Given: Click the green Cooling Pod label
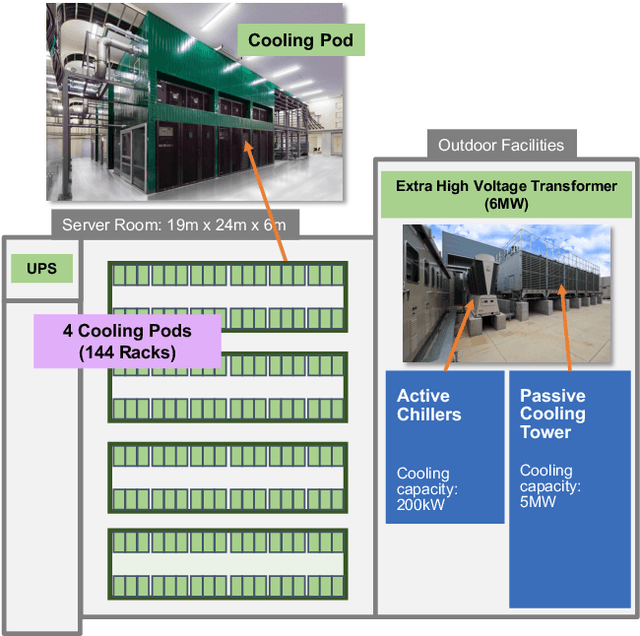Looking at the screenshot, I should (x=300, y=41).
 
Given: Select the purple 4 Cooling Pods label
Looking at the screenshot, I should (x=127, y=341).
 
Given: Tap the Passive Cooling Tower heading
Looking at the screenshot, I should (x=552, y=414).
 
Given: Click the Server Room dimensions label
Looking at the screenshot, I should (x=173, y=224).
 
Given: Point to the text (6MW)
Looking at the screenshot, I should (x=506, y=204).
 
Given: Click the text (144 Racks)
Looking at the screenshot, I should (x=127, y=351).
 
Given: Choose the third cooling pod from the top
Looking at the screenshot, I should (x=227, y=477).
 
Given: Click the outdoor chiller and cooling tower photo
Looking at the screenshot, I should (x=506, y=292).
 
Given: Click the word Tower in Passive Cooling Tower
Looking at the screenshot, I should (x=545, y=432).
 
